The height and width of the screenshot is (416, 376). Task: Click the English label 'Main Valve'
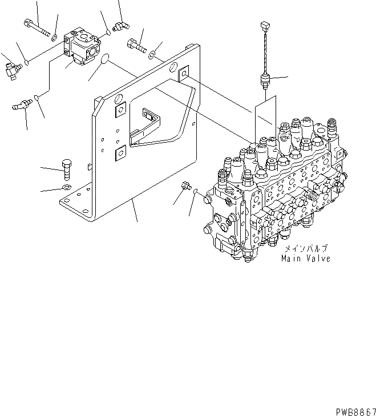click(x=305, y=259)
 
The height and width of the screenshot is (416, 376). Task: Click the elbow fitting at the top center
click(x=120, y=25)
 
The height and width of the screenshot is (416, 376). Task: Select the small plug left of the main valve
click(x=184, y=186)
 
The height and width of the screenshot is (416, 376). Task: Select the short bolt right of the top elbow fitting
click(x=137, y=44)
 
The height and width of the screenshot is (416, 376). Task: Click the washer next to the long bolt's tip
click(x=54, y=38)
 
